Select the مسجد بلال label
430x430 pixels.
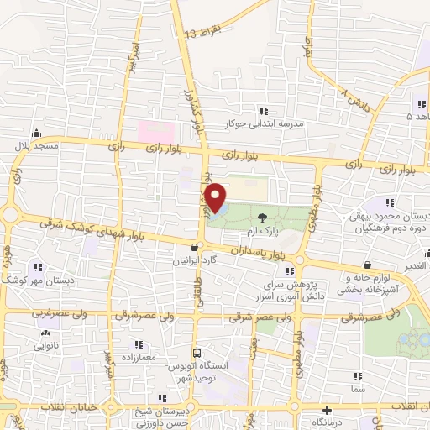coord(34,146)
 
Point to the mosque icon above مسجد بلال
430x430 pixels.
coord(35,134)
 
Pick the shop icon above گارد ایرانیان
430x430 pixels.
coord(196,247)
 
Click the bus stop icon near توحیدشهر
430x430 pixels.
coord(197,353)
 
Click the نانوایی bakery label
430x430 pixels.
coord(46,346)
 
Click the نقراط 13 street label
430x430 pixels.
coord(202,34)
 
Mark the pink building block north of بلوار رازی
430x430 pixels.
coord(155,131)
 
